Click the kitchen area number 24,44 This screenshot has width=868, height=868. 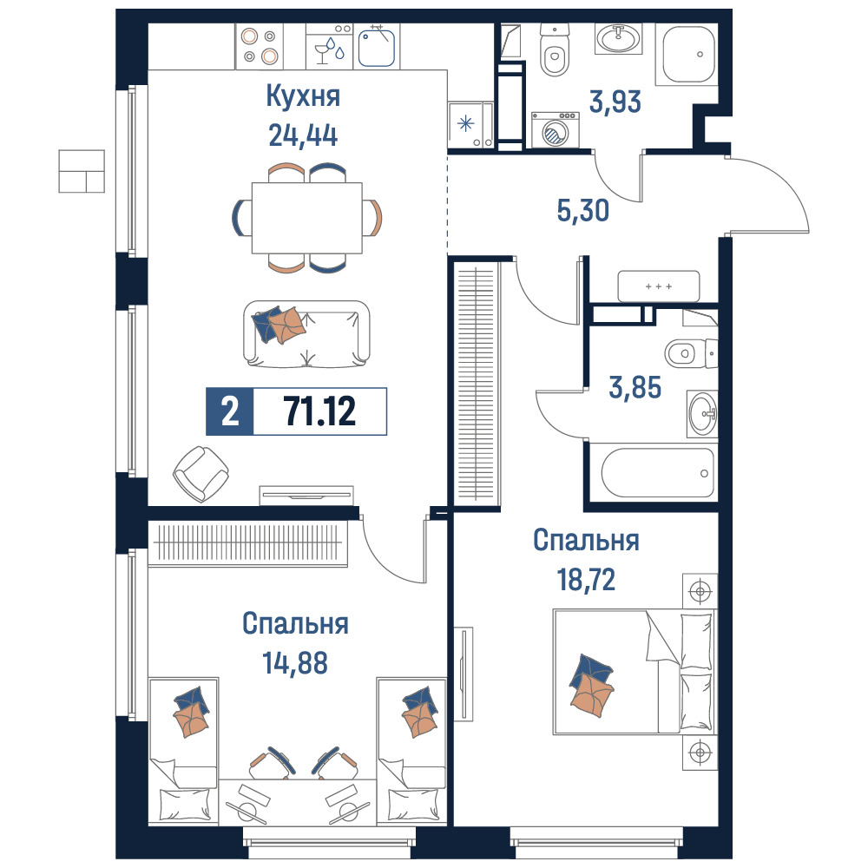pos(303,135)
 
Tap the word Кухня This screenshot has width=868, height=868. pos(303,95)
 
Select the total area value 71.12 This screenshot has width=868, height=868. pos(319,411)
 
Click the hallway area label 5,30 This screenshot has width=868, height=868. pos(583,210)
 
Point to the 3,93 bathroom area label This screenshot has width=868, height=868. pos(615,102)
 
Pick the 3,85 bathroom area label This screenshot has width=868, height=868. pos(635,387)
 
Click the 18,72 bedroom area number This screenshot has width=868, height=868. pos(586,580)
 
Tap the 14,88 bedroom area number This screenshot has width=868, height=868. pos(295,662)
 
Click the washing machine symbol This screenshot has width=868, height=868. pos(556,130)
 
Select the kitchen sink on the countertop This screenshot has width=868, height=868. pos(377,48)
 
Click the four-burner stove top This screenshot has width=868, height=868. pos(260,46)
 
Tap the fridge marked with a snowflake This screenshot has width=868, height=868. pos(470,125)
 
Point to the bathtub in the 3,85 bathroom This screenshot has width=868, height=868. pos(658,472)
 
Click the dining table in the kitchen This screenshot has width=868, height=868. pos(307,218)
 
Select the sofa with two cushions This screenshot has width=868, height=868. pos(306,334)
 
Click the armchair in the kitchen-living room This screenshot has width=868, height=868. pos(201,474)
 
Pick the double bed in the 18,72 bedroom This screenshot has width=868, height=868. pos(635,672)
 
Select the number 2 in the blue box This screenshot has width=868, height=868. pos(230,411)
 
